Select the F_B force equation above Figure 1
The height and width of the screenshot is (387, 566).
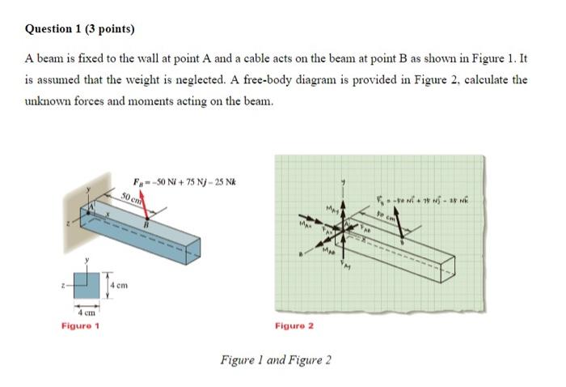point(185,181)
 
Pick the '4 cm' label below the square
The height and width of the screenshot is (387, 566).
point(87,312)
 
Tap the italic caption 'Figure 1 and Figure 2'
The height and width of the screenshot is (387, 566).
point(276,359)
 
